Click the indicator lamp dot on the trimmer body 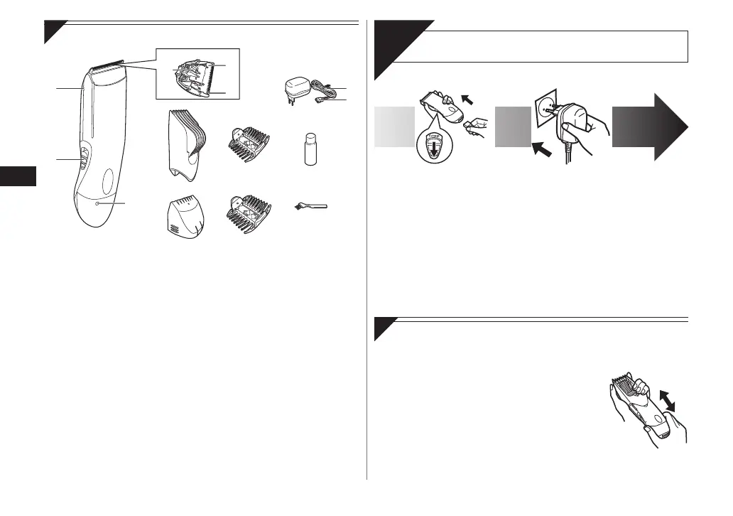coord(97,204)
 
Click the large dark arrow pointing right coord(648,128)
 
